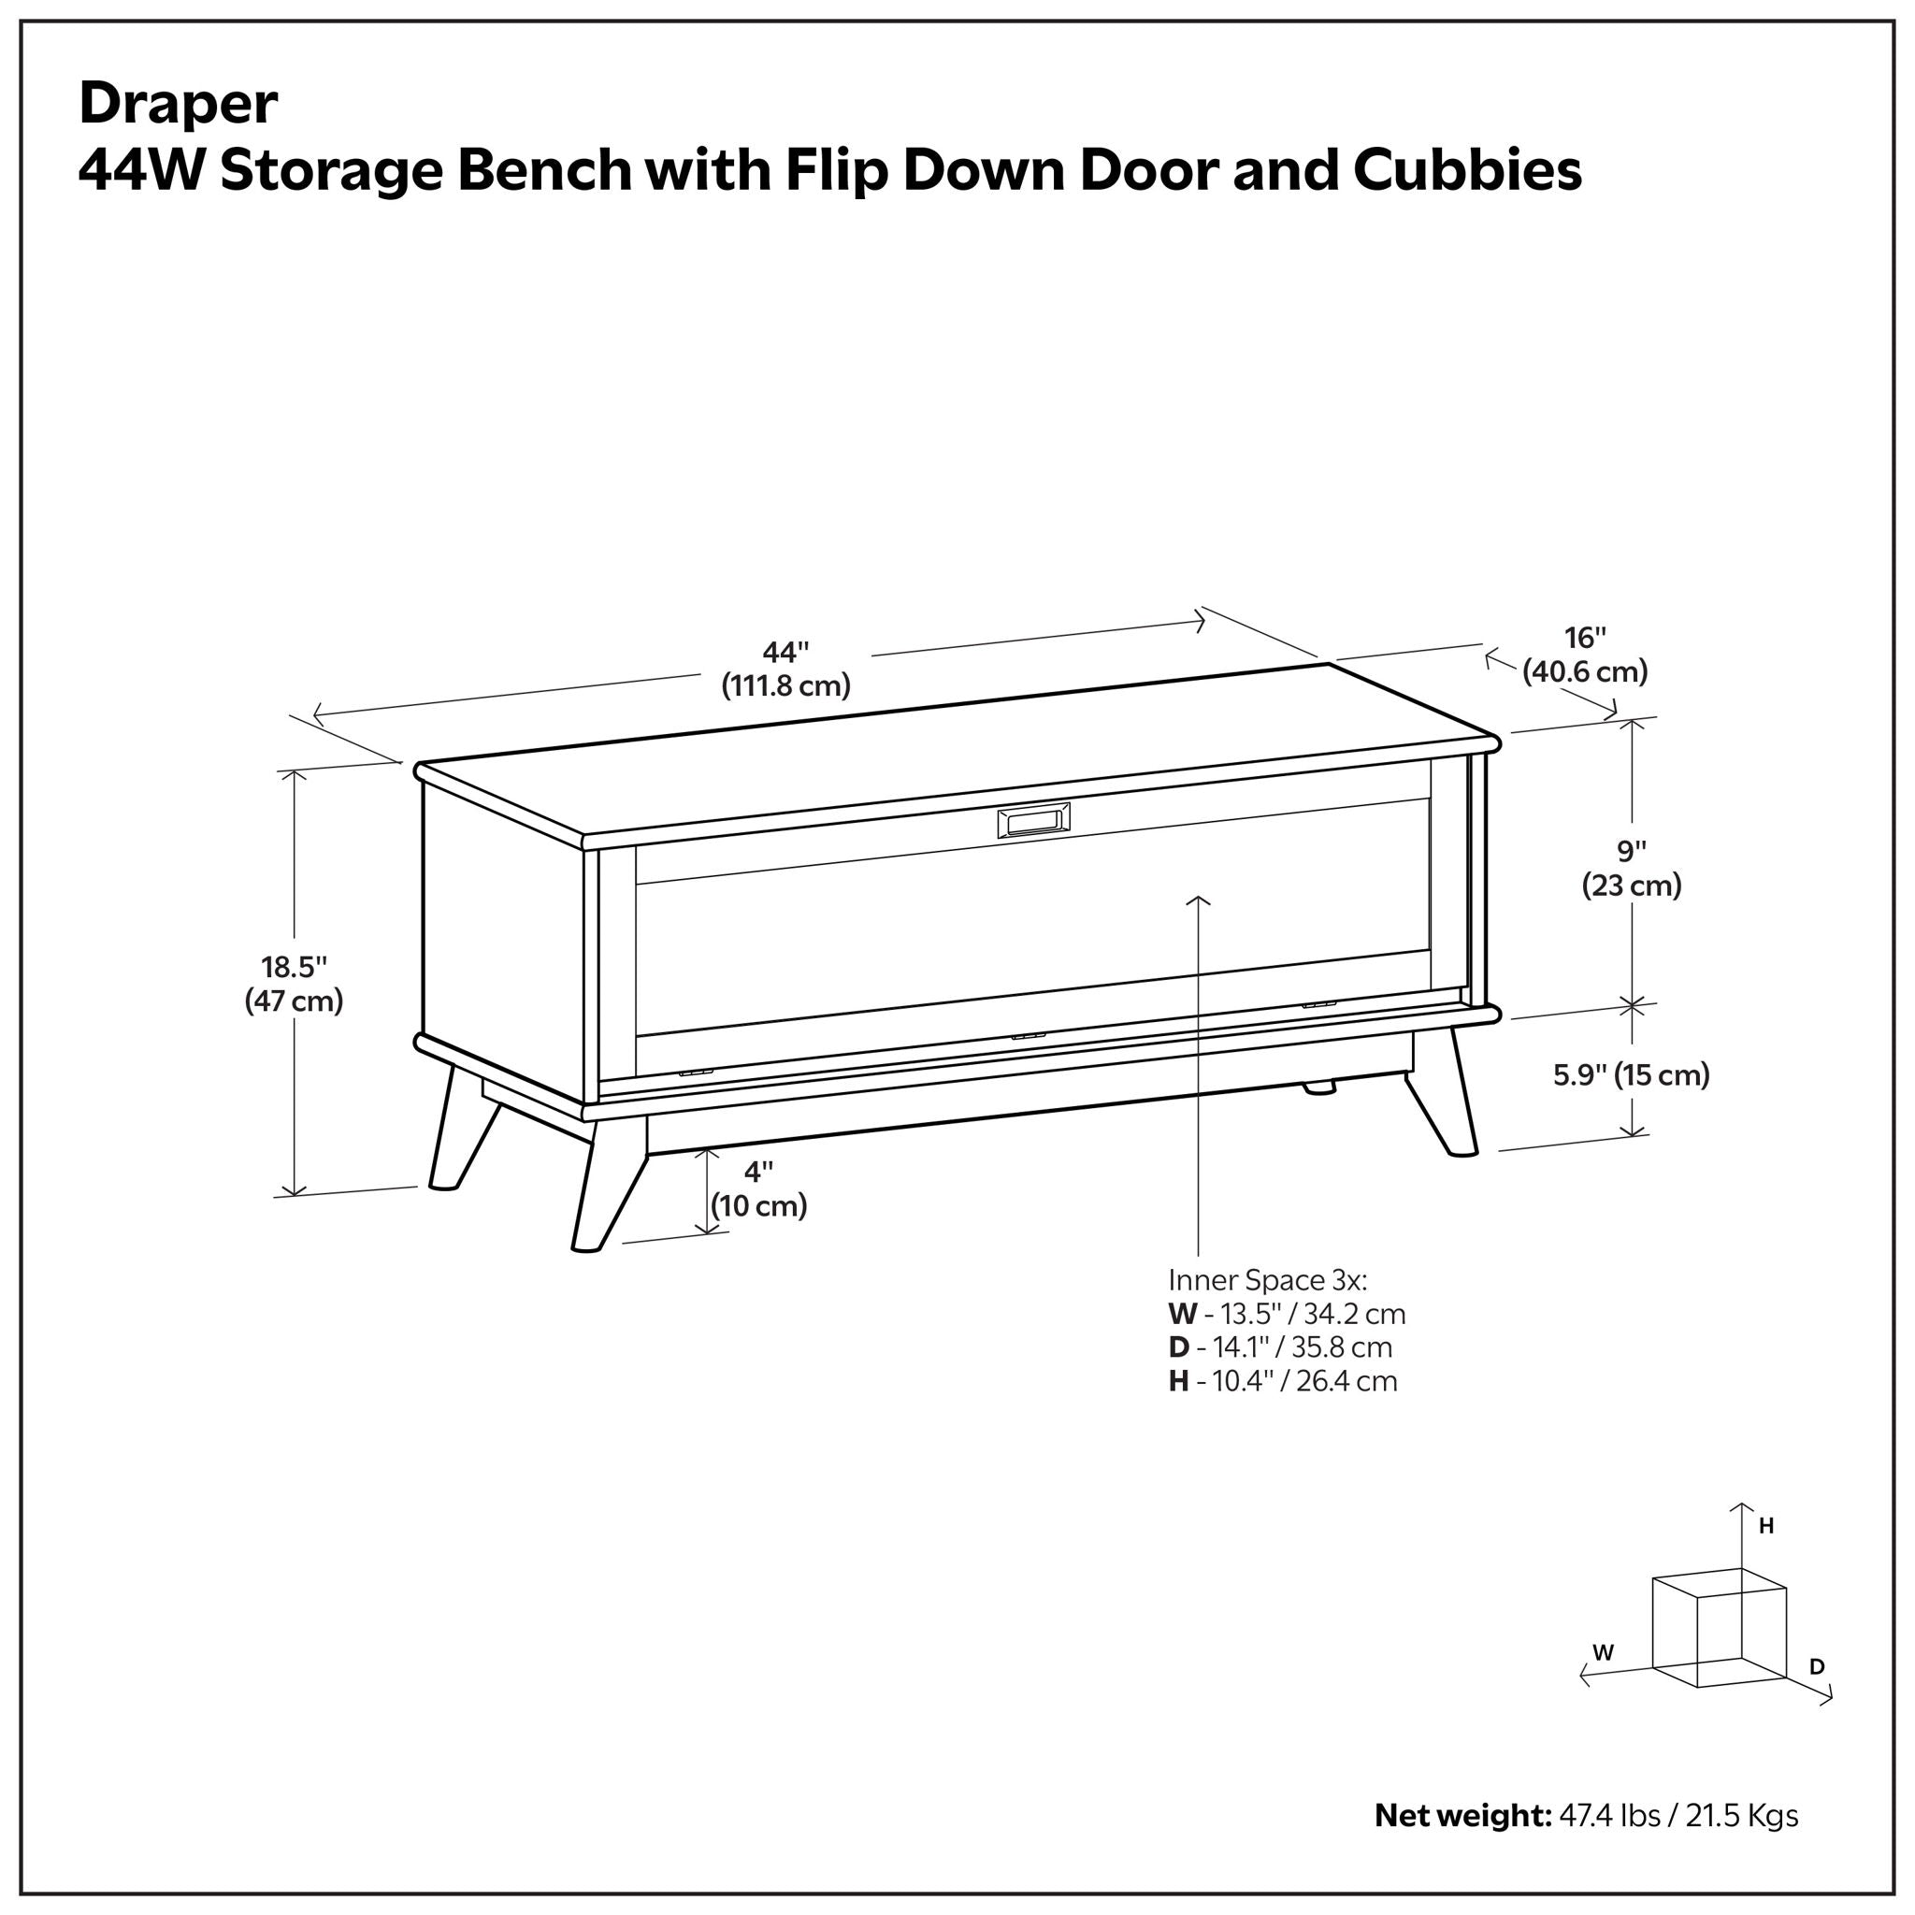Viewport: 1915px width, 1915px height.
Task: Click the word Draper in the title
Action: pyautogui.click(x=179, y=103)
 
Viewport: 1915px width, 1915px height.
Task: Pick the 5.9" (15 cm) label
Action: pyautogui.click(x=1631, y=1074)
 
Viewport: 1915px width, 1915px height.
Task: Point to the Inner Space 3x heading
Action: pyautogui.click(x=1268, y=1280)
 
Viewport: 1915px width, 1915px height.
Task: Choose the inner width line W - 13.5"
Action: pyautogui.click(x=1287, y=1315)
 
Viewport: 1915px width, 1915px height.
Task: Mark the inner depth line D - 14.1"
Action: pyautogui.click(x=1280, y=1348)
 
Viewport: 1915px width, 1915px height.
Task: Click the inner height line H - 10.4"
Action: pyautogui.click(x=1283, y=1382)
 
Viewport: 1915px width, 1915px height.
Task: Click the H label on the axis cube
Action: pyautogui.click(x=1765, y=1526)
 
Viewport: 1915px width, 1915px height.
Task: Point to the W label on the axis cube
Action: pyautogui.click(x=1603, y=1652)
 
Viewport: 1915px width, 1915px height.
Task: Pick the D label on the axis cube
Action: pyautogui.click(x=1817, y=1667)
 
